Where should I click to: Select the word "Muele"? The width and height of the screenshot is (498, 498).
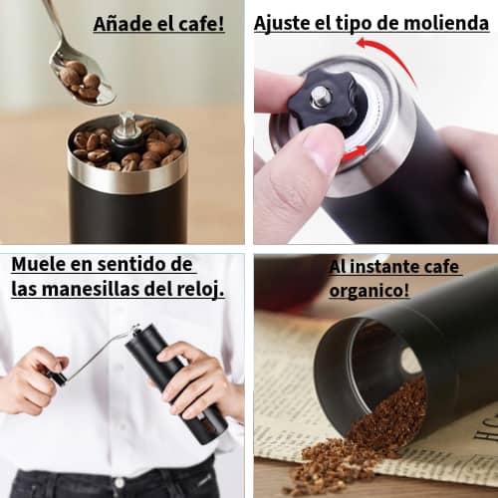(x=39, y=265)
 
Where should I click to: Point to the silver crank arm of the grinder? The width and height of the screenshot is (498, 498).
(x=100, y=353)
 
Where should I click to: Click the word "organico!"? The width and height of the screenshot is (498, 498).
(x=369, y=291)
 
